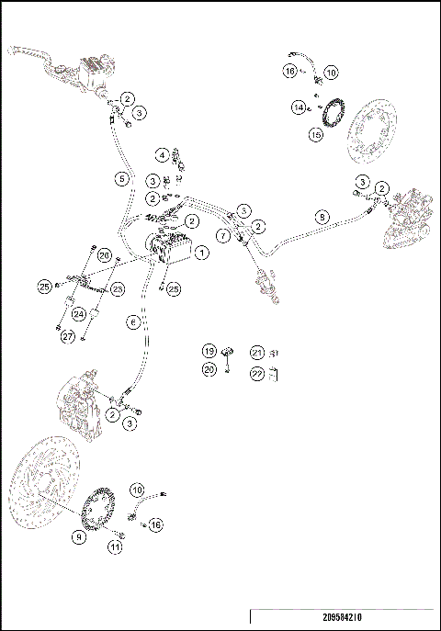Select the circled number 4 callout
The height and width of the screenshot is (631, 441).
click(x=162, y=154)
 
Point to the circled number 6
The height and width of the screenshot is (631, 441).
click(x=133, y=322)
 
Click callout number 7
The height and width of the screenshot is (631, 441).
click(x=224, y=237)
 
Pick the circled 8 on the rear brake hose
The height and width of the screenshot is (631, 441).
click(x=321, y=217)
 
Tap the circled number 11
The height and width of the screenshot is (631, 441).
click(x=116, y=546)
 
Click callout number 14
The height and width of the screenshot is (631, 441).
click(x=299, y=107)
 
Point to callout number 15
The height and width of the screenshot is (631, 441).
click(x=315, y=134)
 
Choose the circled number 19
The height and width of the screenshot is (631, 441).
click(x=209, y=351)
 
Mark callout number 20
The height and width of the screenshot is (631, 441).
click(x=209, y=369)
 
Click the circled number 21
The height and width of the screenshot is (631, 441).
click(x=257, y=352)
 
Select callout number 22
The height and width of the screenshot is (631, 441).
click(x=257, y=372)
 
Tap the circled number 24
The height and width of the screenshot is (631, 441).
click(x=79, y=313)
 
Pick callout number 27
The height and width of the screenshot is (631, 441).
click(x=67, y=336)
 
